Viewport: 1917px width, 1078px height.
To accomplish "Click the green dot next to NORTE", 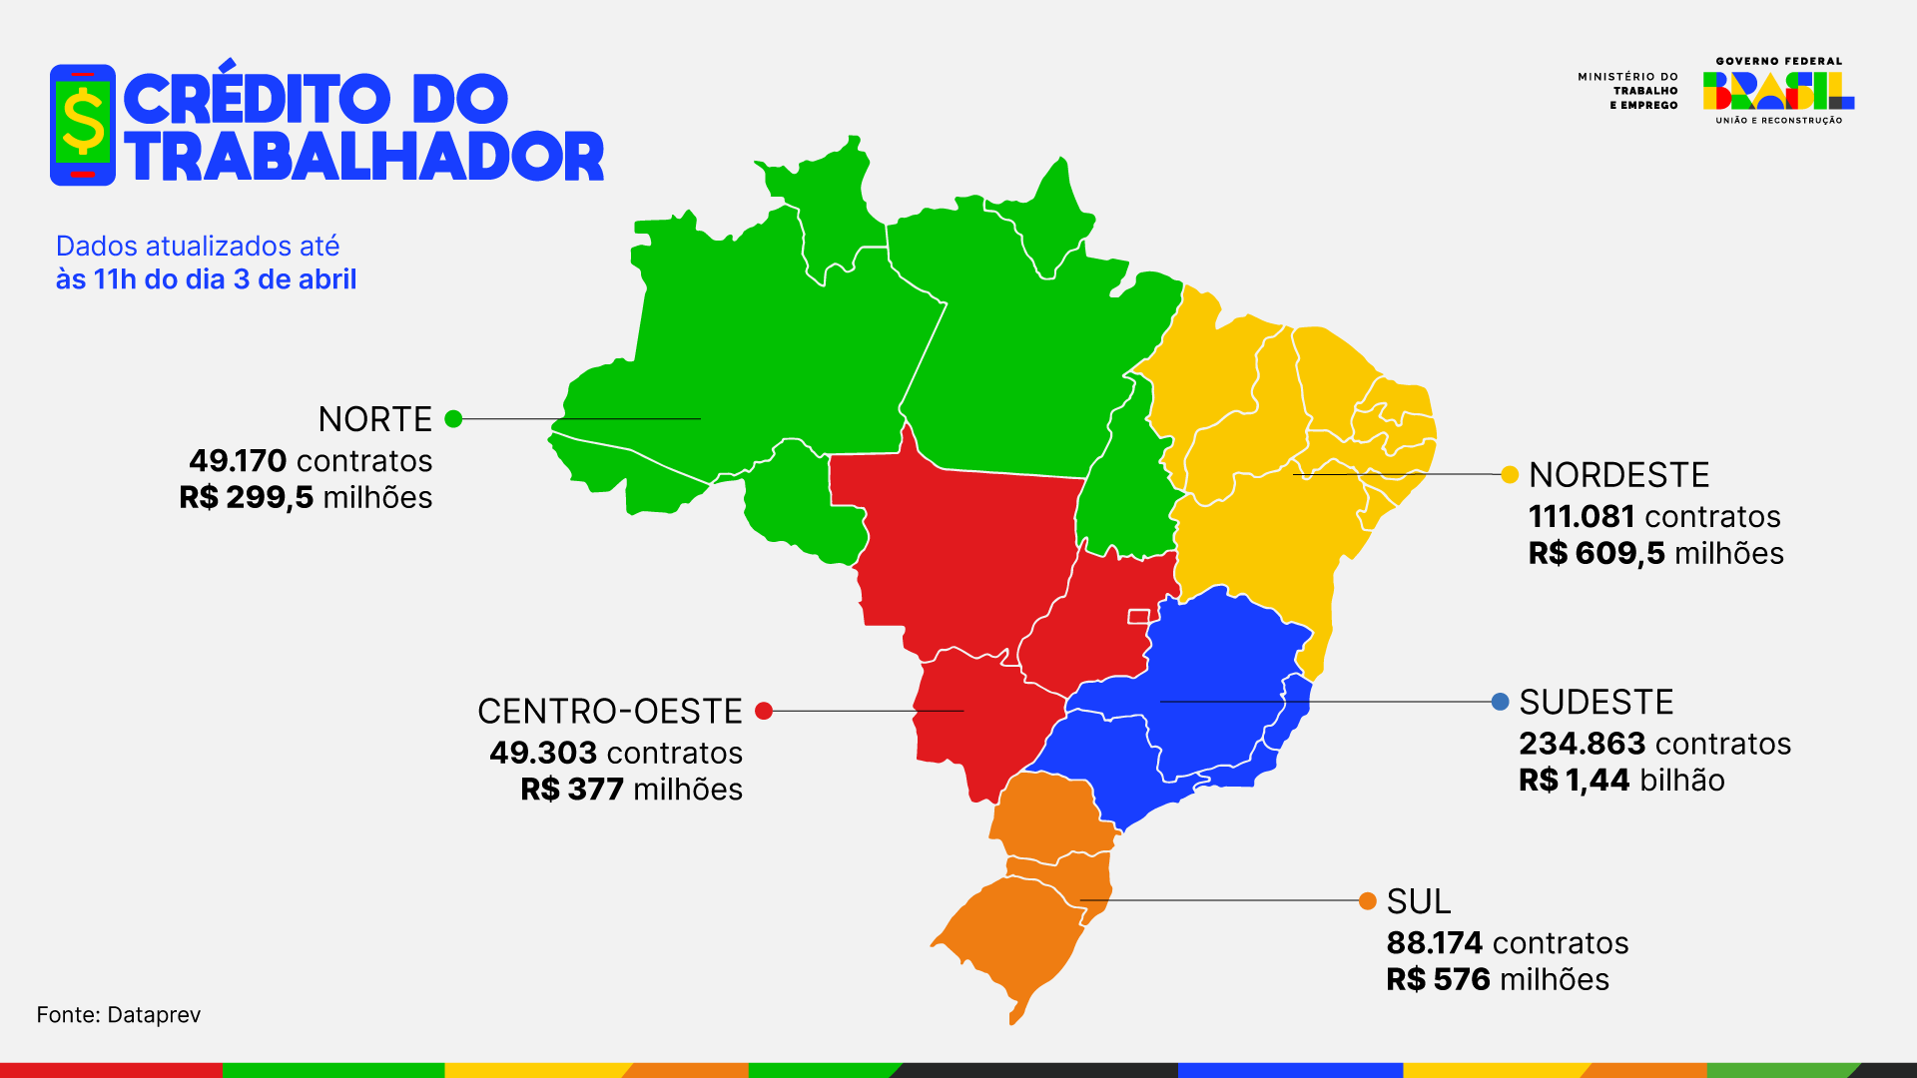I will (x=453, y=419).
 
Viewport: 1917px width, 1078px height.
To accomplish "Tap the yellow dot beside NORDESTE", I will (x=1510, y=475).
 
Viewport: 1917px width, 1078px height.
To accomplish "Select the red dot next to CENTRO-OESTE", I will (x=764, y=711).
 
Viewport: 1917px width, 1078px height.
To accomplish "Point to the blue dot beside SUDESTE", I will (x=1500, y=702).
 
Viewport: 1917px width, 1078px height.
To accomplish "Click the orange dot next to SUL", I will (x=1368, y=901).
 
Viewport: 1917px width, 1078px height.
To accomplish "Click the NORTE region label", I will (x=374, y=419).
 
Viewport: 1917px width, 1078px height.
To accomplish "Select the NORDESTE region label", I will (x=1618, y=475).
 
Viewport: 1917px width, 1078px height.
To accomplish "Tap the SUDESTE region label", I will (x=1596, y=703).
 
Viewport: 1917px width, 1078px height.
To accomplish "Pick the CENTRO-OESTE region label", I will (x=609, y=712).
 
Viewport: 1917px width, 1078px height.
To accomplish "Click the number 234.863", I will (x=1582, y=744).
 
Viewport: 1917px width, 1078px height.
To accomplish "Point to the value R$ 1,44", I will (x=1574, y=781).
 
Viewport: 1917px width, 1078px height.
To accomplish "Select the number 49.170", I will (x=238, y=461).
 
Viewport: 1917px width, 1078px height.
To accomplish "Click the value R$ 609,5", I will (x=1596, y=554).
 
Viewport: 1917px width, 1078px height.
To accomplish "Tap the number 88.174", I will (x=1434, y=943).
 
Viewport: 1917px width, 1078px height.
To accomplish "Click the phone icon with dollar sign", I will (x=83, y=125).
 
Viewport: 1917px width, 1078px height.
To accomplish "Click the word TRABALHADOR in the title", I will (x=364, y=158).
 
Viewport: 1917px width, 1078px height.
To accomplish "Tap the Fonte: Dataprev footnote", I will (x=119, y=1015).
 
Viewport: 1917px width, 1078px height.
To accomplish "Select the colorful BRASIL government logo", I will (x=1778, y=91).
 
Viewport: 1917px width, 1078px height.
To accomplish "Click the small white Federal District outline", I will (x=1138, y=617).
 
